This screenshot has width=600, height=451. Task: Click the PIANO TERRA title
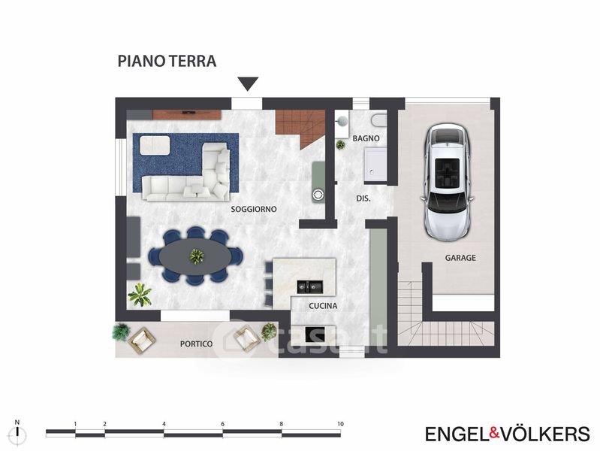[x=167, y=62]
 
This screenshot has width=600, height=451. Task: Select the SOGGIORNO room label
[x=254, y=209]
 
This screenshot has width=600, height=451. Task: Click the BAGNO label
[x=366, y=138]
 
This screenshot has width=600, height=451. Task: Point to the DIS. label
[x=363, y=198]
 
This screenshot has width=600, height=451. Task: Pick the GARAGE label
[x=460, y=258]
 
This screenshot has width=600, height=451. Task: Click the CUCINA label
[x=323, y=306]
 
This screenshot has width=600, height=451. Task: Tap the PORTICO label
[x=196, y=344]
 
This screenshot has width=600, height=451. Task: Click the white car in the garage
[x=448, y=183]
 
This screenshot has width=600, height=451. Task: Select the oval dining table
[x=195, y=256]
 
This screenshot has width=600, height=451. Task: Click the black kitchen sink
[x=310, y=286]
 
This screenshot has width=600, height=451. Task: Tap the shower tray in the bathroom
[x=375, y=165]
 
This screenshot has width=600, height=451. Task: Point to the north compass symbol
[x=17, y=433]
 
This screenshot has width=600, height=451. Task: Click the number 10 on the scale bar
[x=341, y=424]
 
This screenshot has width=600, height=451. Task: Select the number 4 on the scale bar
[x=164, y=424]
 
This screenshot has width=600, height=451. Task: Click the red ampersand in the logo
[x=495, y=433]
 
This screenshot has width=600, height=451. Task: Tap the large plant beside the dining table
[x=140, y=295]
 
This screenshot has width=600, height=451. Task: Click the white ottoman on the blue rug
[x=155, y=145]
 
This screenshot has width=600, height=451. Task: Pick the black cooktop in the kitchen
[x=315, y=334]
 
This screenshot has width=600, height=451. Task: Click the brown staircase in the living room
[x=301, y=127]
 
